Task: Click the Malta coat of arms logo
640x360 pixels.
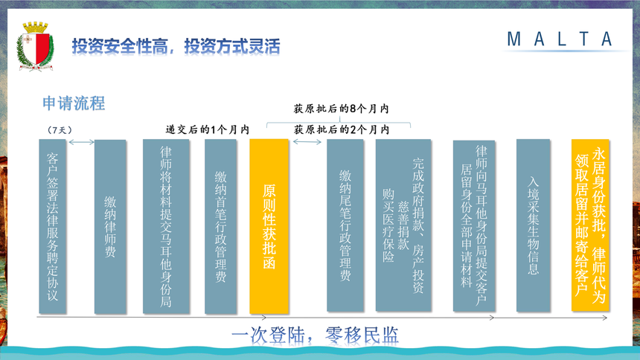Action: pos(35,47)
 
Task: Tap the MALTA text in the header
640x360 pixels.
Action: pos(560,39)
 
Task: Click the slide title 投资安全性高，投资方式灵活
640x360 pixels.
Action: pos(176,46)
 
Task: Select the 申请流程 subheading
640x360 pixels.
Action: pos(74,103)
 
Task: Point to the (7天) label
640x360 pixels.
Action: pos(60,130)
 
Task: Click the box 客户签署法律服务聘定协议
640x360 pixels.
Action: pos(53,227)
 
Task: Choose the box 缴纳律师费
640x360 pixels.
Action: pos(110,227)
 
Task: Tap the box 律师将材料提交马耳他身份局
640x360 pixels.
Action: pos(166,227)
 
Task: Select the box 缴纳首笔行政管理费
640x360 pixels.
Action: pos(221,227)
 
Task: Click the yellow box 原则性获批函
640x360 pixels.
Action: pos(269,227)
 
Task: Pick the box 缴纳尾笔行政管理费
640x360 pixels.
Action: pos(345,225)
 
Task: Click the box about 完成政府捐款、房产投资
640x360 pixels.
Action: pos(403,225)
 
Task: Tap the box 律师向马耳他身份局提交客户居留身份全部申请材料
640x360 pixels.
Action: pos(474,226)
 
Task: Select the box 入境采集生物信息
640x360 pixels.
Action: pos(534,225)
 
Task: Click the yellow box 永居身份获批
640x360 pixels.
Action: pos(590,225)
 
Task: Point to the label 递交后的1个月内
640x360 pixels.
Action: pos(208,130)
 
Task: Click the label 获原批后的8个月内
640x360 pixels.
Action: pos(342,109)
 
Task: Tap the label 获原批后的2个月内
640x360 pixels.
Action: pos(342,130)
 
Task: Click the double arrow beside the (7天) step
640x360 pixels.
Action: pos(81,142)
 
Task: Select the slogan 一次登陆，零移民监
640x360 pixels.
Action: pos(315,335)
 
